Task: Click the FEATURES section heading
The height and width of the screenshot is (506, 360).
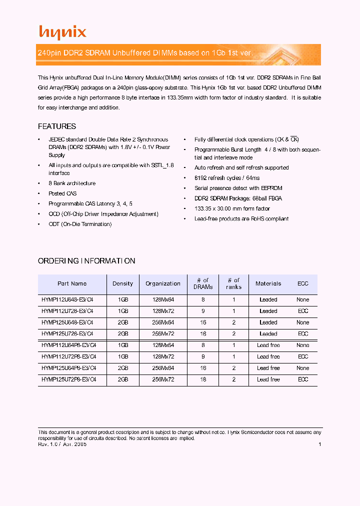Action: pyautogui.click(x=57, y=126)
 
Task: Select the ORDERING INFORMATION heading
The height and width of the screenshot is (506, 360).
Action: pyautogui.click(x=86, y=261)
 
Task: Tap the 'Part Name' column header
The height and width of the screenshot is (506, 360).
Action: pyautogui.click(x=72, y=283)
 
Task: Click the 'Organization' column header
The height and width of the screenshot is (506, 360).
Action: pyautogui.click(x=163, y=283)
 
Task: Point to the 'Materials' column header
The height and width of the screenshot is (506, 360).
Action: pyautogui.click(x=268, y=283)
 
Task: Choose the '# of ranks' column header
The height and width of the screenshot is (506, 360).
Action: pyautogui.click(x=233, y=283)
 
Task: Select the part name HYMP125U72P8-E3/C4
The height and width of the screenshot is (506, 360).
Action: pyautogui.click(x=68, y=379)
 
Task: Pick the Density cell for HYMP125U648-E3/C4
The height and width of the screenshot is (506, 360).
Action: pyautogui.click(x=123, y=322)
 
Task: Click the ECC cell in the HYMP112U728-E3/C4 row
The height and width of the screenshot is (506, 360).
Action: pyautogui.click(x=303, y=311)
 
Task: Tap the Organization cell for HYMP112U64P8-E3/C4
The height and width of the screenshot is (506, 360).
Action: pyautogui.click(x=163, y=345)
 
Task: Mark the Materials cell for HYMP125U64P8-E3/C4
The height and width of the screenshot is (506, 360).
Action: pyautogui.click(x=268, y=368)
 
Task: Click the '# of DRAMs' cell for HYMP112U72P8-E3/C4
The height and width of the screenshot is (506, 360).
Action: pyautogui.click(x=203, y=356)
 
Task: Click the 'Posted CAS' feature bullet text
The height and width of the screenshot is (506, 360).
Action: pyautogui.click(x=62, y=193)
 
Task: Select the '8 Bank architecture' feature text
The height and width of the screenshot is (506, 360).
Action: pyautogui.click(x=72, y=183)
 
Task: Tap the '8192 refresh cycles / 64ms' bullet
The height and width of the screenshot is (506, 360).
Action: pyautogui.click(x=227, y=178)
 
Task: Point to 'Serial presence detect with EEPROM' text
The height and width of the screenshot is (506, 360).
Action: pyautogui.click(x=238, y=188)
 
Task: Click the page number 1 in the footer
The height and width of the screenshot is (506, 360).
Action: pyautogui.click(x=319, y=444)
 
